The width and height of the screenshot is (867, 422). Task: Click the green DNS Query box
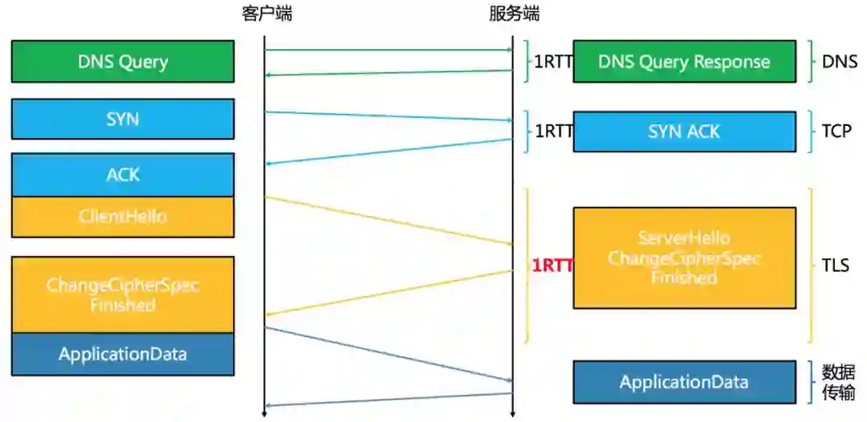123,62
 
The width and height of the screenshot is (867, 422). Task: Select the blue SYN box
123,119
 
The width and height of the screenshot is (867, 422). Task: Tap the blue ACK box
123,174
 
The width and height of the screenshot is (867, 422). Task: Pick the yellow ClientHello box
123,217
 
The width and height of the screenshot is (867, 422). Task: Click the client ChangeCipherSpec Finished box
123,294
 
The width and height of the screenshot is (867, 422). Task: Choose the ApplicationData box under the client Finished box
123,354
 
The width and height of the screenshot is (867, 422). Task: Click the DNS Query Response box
684,62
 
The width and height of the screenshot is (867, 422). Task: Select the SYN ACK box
684,132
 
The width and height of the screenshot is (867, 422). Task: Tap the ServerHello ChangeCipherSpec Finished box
684,258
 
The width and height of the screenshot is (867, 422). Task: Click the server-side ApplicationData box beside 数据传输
684,382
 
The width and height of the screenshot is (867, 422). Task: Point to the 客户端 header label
267,14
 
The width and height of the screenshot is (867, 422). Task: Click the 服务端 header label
514,14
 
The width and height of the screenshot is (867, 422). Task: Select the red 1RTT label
552,266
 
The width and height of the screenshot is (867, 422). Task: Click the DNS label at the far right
840,62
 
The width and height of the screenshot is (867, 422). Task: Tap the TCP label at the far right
836,132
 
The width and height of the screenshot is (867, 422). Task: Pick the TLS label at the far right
836,266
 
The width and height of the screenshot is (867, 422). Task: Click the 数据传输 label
838,382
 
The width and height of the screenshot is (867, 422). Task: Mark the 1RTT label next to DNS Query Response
553,62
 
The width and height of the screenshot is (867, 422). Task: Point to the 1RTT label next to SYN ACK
553,132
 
